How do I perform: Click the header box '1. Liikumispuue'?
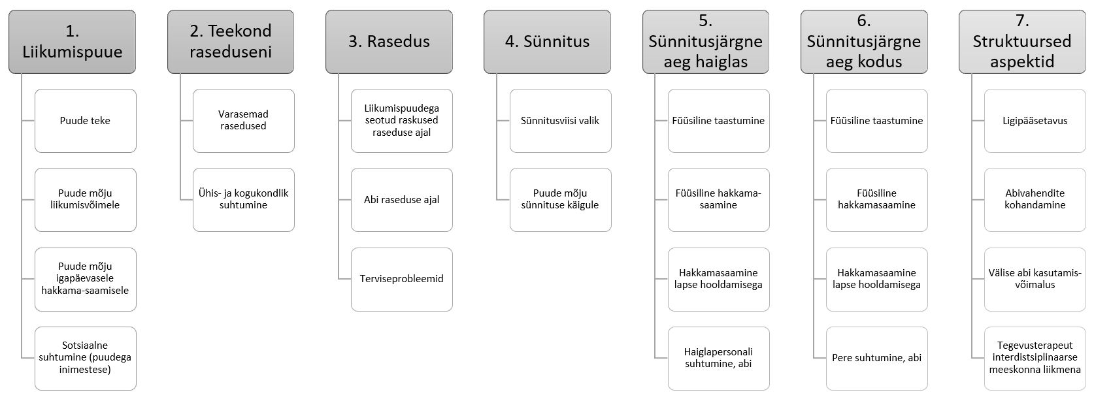coord(72,41)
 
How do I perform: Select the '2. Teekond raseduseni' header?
coord(231,41)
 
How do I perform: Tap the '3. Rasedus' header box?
coord(389,41)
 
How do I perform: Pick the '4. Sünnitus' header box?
coord(547,41)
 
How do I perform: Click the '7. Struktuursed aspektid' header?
coord(1021,41)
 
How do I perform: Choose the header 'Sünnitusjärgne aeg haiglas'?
coord(705,41)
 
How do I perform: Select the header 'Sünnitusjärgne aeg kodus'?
coord(863,41)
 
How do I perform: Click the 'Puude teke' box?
coord(85,121)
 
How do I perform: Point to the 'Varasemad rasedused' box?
coord(243,121)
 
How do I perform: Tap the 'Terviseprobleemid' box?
coord(401,279)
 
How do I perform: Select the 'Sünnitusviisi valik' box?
coord(560,121)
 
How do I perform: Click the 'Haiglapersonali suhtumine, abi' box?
coord(718,358)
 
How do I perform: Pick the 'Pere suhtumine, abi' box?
coord(876,358)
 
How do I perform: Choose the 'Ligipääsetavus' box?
coord(1035,121)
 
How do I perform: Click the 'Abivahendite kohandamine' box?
coord(1035,199)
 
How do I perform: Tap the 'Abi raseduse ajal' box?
coord(401,199)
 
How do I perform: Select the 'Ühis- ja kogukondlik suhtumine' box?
coord(243,199)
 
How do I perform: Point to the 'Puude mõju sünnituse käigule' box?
coord(560,199)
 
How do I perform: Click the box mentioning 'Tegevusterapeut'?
coord(1035,358)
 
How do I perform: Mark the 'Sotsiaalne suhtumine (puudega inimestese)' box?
coord(85,358)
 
